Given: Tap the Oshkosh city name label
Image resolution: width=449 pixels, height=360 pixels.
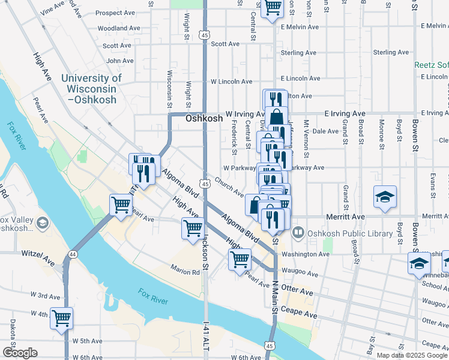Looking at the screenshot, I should point(204,119).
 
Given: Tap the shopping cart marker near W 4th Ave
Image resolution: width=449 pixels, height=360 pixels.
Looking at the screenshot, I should point(61,318).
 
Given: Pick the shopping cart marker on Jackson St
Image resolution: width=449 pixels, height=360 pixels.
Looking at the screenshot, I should point(193,229).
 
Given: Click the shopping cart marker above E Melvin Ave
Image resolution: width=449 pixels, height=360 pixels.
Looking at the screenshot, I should point(273,8).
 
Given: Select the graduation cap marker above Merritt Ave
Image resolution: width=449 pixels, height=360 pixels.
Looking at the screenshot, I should point(384,197).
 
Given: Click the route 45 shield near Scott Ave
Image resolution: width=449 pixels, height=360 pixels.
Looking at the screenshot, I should point(205,36).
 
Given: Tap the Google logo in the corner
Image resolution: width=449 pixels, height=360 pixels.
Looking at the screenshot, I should point(20,352).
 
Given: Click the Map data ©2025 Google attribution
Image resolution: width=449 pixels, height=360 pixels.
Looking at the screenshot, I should point(411,355).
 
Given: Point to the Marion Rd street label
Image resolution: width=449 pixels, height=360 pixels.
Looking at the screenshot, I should point(184,271).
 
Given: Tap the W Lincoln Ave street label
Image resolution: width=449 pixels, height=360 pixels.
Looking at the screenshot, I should point(231,82).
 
